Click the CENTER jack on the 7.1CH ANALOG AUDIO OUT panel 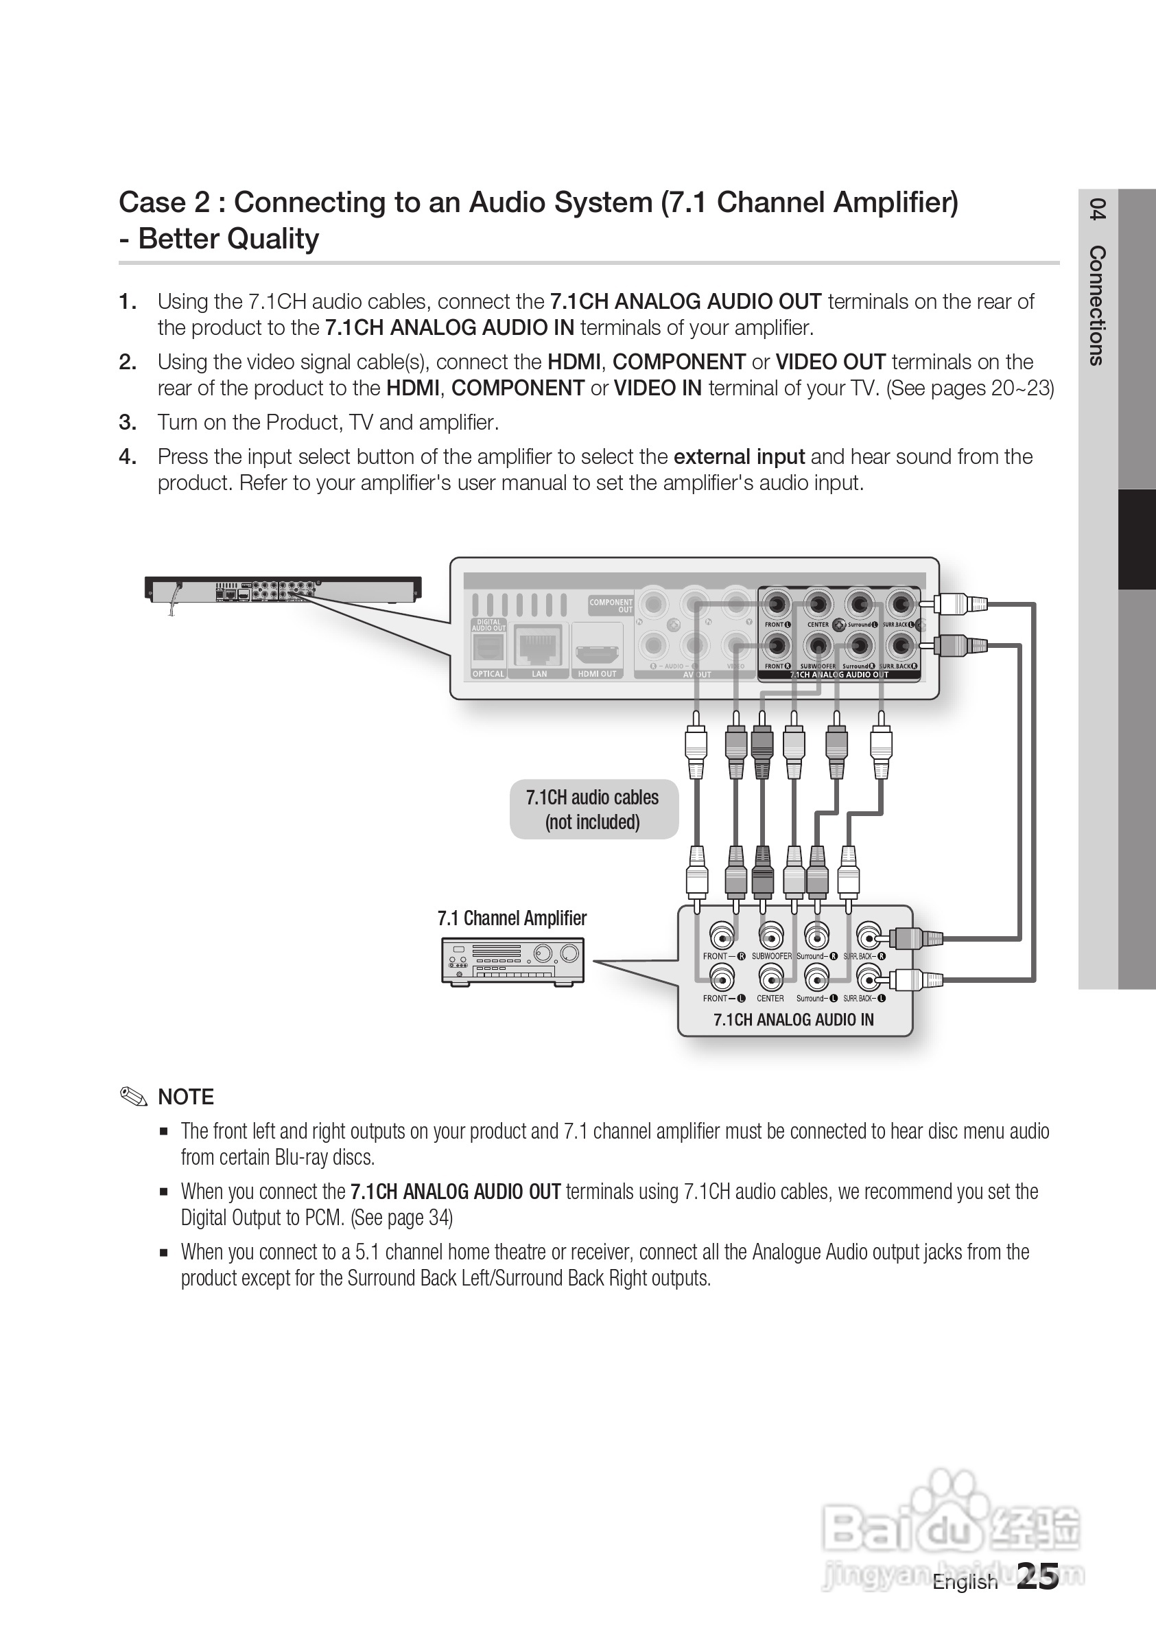tap(818, 605)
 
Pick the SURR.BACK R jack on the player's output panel tap(901, 647)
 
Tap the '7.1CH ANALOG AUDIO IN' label tap(794, 1019)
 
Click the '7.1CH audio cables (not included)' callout tap(593, 809)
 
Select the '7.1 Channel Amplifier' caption tap(512, 918)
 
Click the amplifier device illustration tap(512, 961)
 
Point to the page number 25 tap(1037, 1575)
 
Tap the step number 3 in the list tap(128, 423)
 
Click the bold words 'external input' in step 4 tap(739, 457)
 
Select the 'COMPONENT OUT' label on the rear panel tap(611, 605)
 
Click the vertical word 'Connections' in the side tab tap(1098, 305)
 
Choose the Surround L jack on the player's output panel tap(860, 605)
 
